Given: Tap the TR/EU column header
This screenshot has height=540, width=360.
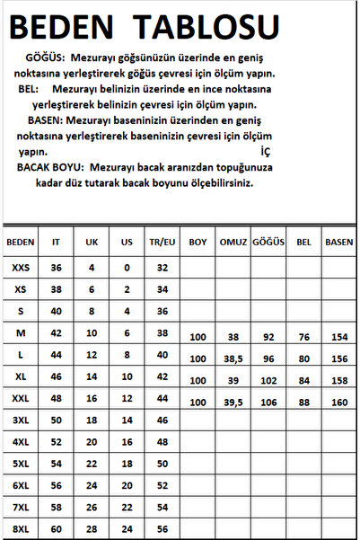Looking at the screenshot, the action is tap(162, 242).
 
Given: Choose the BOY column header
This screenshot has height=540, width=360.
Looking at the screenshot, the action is tap(198, 242).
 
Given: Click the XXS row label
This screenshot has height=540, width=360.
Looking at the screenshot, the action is tap(21, 267).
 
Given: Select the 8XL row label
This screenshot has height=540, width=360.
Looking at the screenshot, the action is tap(21, 528).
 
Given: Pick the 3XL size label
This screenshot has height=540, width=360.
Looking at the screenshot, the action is tap(21, 420).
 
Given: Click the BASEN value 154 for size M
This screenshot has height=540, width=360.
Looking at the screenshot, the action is tap(339, 337).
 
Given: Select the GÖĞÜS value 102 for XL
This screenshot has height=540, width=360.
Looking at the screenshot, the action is tap(268, 379).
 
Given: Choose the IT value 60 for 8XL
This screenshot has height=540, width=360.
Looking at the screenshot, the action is tap(56, 528).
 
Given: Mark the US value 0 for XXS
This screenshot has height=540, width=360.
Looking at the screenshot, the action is tap(126, 267).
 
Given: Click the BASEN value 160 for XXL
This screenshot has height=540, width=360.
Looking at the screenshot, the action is tap(339, 401).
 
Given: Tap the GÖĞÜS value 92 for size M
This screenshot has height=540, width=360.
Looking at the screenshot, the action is tap(268, 337).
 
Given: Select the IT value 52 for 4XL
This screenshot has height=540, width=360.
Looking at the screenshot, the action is tap(56, 441).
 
